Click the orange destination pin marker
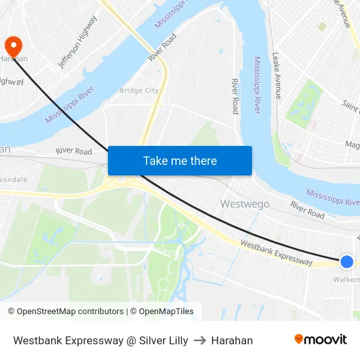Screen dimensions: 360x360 click(13, 46)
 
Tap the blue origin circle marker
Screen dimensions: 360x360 click(347, 262)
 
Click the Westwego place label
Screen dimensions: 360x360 click(245, 204)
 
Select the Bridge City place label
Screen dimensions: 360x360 click(139, 90)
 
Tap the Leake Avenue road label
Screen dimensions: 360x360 click(277, 76)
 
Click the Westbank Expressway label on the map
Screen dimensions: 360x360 click(276, 252)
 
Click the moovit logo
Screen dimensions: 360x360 click(320, 339)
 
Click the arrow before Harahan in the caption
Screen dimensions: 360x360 click(200, 340)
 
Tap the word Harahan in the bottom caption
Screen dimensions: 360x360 click(232, 340)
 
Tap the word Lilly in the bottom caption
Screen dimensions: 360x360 click(177, 340)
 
